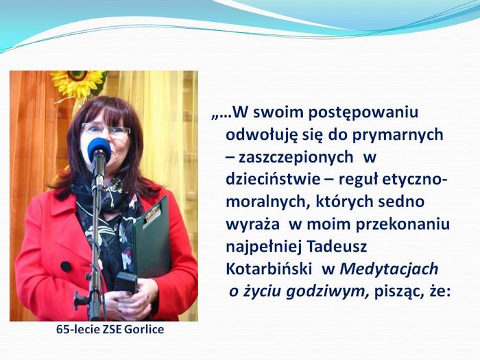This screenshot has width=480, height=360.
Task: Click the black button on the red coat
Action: click(66, 266)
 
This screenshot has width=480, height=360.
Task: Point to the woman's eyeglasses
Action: click(106, 130)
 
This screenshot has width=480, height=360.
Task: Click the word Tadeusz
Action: click(337, 246)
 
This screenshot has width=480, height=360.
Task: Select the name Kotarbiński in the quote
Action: click(269, 269)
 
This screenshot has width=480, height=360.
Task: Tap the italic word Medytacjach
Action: click(389, 269)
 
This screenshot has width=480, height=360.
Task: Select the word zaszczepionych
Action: click(296, 158)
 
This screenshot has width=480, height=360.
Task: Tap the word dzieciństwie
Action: click(273, 180)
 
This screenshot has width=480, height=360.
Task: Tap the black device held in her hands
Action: click(126, 282)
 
